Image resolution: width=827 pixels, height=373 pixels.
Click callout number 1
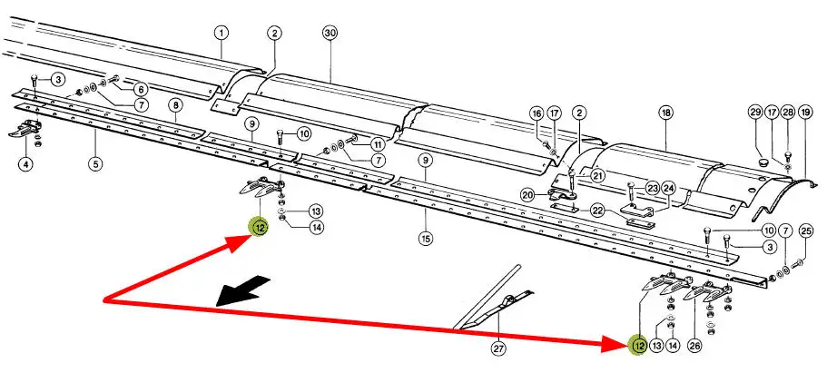coord(222,34)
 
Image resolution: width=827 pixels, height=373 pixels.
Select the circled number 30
coord(330,33)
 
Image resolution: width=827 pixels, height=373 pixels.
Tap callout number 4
coord(25,164)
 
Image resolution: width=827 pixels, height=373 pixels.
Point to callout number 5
coord(95,164)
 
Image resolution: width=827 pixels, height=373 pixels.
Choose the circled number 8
coord(176,106)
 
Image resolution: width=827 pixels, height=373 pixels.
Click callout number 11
coord(378,144)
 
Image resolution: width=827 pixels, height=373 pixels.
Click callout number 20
coord(527,195)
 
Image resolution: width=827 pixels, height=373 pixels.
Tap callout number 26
coord(695,345)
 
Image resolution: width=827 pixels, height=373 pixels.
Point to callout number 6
coord(142,90)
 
